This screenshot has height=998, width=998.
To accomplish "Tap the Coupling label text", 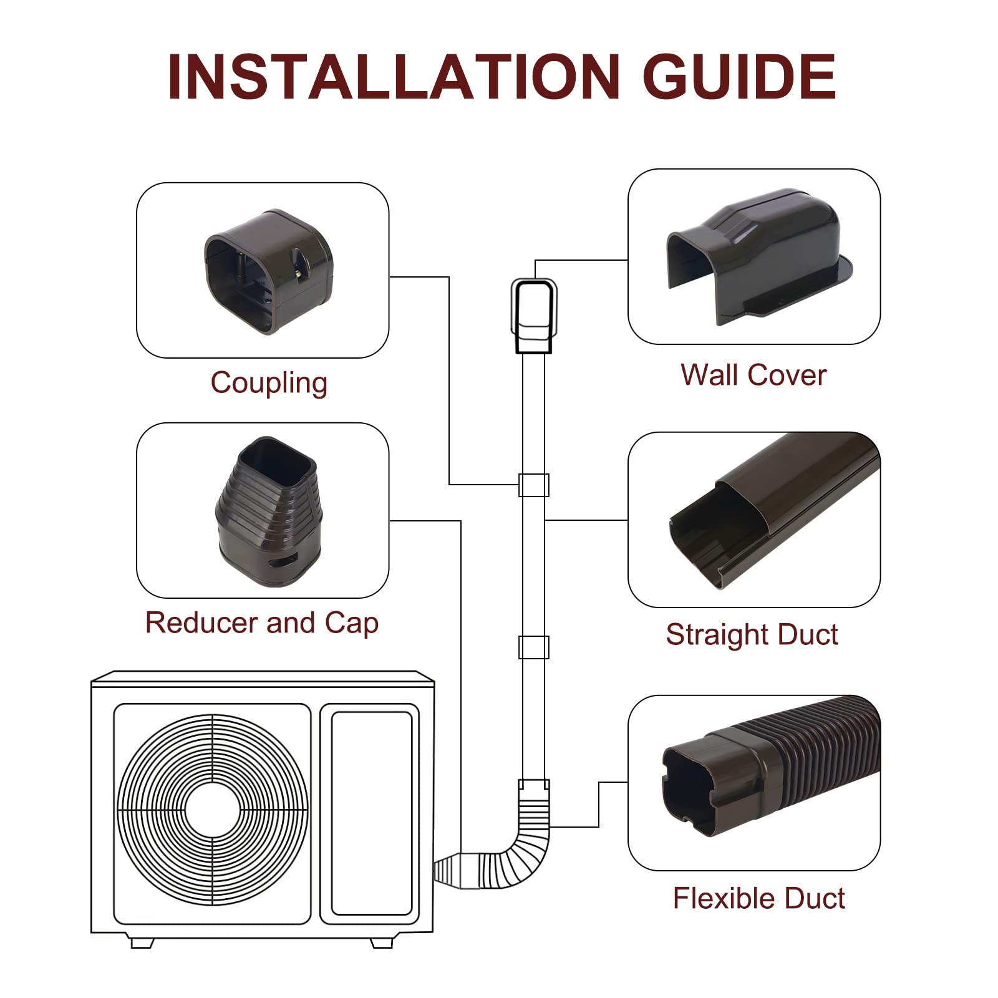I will (x=269, y=382).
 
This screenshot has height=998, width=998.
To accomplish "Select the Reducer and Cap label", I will (x=262, y=623).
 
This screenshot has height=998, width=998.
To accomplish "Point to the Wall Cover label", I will (x=753, y=375).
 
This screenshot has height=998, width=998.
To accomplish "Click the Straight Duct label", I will (x=752, y=634).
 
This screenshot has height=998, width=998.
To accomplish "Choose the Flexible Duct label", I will (x=758, y=898).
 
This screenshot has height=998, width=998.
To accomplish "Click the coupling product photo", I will (x=268, y=271).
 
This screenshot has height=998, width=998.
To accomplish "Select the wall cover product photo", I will (x=758, y=256).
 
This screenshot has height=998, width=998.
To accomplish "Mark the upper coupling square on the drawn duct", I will (x=534, y=485).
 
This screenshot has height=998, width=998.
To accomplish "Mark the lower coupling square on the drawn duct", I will (x=534, y=647).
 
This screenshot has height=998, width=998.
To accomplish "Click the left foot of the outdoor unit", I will (x=142, y=942).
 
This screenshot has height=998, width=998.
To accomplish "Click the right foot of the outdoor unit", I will (x=382, y=942).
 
